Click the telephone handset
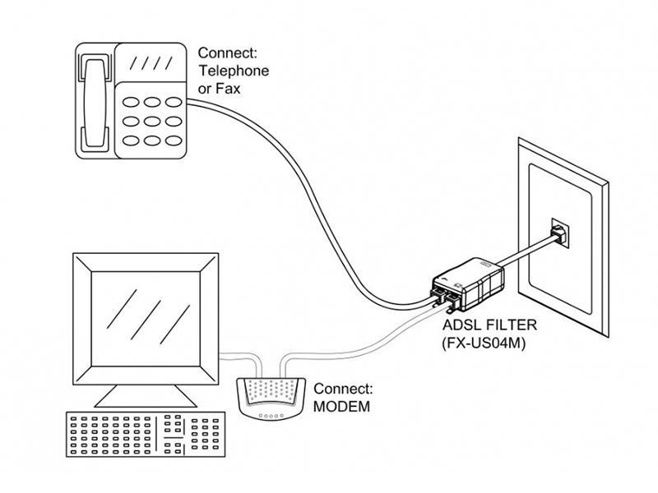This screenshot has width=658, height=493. (95, 102)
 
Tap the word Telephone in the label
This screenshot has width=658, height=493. (234, 71)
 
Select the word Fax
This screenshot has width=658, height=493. (228, 89)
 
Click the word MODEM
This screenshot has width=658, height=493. (341, 406)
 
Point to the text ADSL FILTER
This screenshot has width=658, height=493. (489, 325)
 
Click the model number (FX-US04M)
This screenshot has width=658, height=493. (484, 343)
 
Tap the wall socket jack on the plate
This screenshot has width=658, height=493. (560, 233)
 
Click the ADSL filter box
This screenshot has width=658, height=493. (468, 284)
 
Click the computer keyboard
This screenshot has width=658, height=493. (146, 435)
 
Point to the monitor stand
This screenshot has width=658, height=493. (146, 396)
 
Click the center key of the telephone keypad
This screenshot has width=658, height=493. (152, 121)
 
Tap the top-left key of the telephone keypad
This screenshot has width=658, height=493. (131, 102)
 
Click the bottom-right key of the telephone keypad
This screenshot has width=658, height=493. (174, 141)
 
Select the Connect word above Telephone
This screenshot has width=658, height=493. (227, 53)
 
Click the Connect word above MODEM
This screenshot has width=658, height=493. (343, 389)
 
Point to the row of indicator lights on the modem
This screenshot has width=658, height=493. (271, 416)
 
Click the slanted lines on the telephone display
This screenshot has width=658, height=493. (151, 63)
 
